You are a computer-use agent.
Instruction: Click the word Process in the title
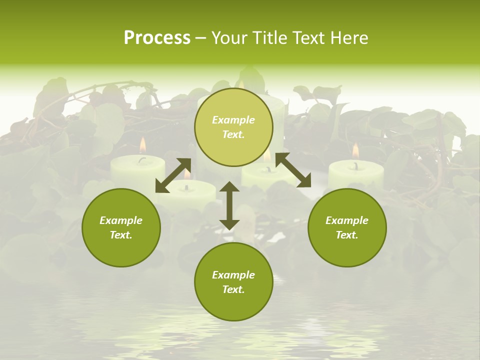tap(157, 38)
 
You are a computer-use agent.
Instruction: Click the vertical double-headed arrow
tap(229, 205)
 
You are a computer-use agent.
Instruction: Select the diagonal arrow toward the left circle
tap(173, 175)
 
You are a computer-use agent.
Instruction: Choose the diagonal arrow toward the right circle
tap(293, 170)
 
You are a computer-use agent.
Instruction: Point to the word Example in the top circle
tap(233, 120)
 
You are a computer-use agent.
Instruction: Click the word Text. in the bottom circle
tap(233, 289)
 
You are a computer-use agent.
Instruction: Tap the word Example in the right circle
tap(347, 220)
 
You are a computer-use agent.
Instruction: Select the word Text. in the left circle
tap(121, 235)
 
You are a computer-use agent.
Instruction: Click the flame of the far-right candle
tap(355, 151)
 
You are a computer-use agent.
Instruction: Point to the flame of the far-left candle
tap(142, 145)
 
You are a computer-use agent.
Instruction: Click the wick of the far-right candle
tap(356, 165)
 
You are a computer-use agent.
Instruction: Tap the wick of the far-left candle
tap(143, 159)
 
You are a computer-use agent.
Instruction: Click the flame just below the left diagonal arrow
tap(186, 174)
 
